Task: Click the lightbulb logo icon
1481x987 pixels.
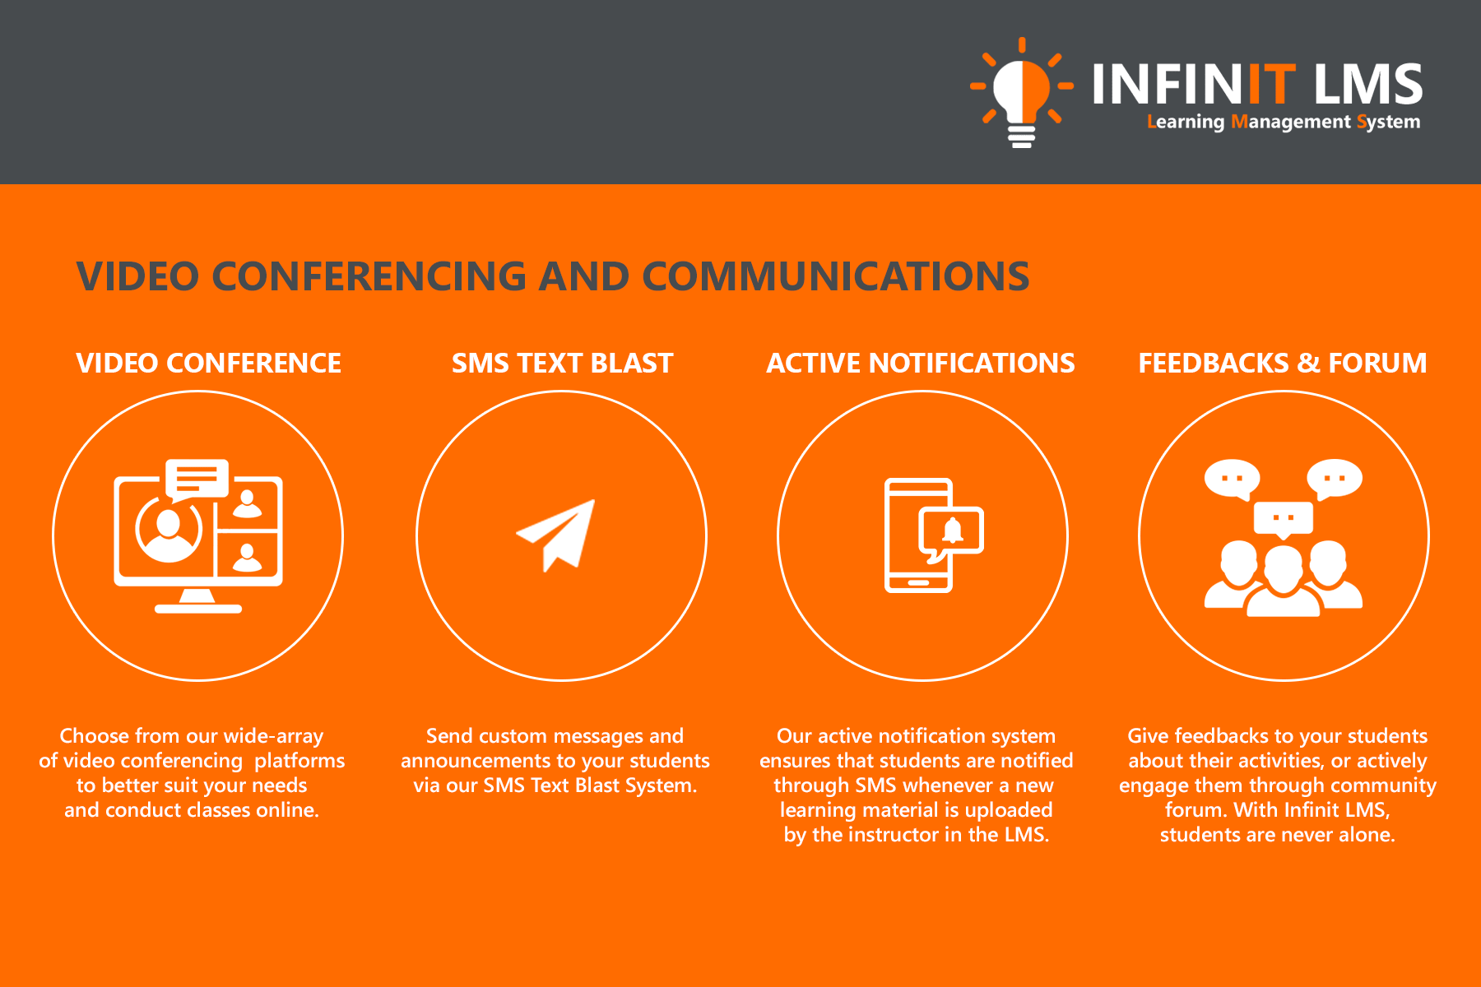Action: point(1022,93)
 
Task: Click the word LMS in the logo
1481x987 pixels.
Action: point(1368,84)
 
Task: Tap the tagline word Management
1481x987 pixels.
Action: point(1291,122)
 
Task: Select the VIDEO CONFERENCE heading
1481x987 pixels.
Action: point(208,363)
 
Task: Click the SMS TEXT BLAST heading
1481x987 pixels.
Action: point(563,363)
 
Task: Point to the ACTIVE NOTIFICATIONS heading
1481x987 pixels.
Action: point(921,363)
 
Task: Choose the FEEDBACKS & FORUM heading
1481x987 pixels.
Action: point(1283,363)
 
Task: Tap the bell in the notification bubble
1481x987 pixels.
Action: point(953,531)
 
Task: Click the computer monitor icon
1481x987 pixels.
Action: point(198,536)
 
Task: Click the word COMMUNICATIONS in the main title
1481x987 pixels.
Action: point(836,276)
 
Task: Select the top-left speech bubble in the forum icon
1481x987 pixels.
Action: point(1233,479)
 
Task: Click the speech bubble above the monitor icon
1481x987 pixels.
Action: point(197,480)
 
